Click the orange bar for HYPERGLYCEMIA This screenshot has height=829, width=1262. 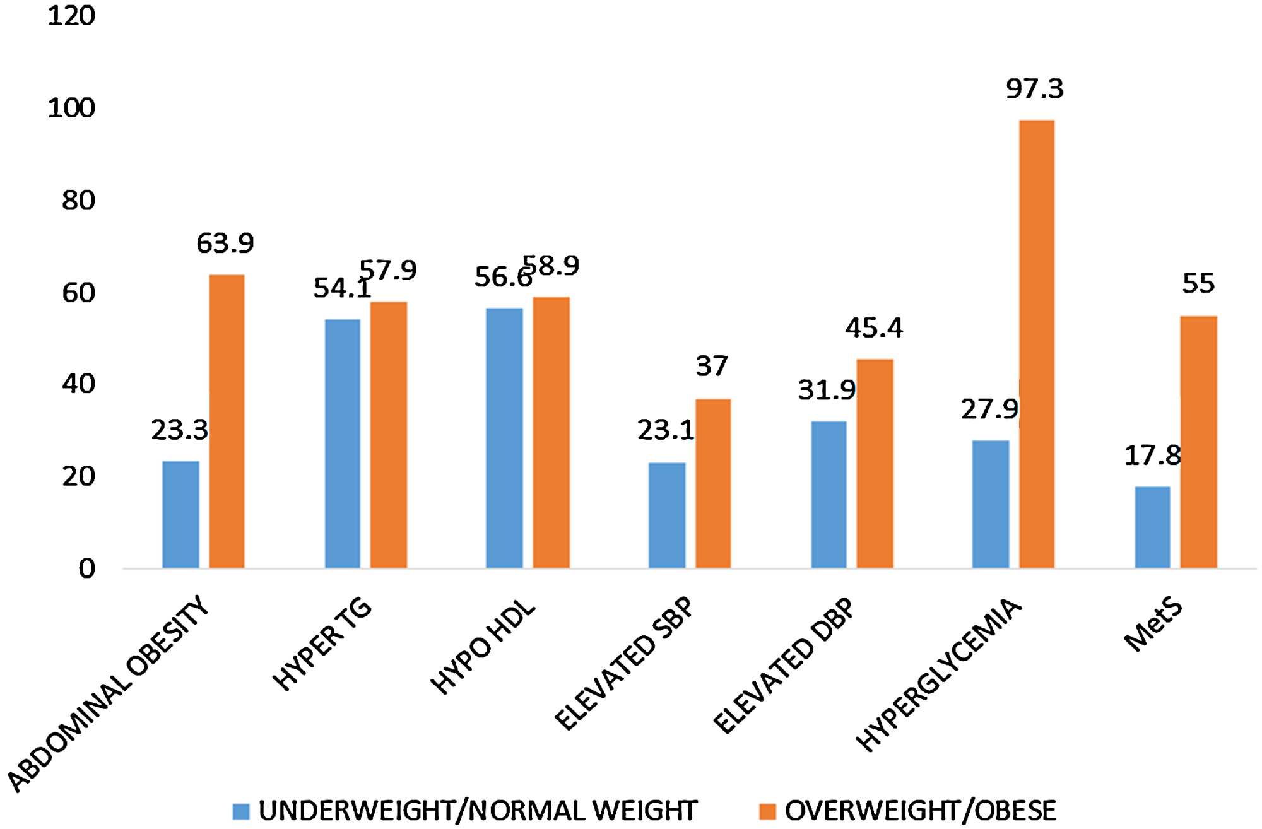(1037, 344)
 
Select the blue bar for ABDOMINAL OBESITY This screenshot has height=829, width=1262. (180, 514)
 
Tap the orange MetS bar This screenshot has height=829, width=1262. (1198, 442)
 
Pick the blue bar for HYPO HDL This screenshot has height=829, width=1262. (504, 438)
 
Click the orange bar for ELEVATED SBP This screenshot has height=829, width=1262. (712, 483)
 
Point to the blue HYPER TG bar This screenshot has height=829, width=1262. (342, 444)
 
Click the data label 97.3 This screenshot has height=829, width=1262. (1034, 89)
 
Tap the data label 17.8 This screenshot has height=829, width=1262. (1152, 456)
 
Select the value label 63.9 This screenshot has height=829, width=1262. (225, 243)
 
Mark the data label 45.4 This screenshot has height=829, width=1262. (874, 327)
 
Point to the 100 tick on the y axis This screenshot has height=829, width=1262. (71, 109)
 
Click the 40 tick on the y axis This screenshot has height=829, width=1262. (78, 384)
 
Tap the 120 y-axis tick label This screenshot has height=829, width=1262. (71, 16)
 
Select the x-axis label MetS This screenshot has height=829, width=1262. (1152, 626)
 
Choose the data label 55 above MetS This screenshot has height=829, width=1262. (1198, 283)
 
